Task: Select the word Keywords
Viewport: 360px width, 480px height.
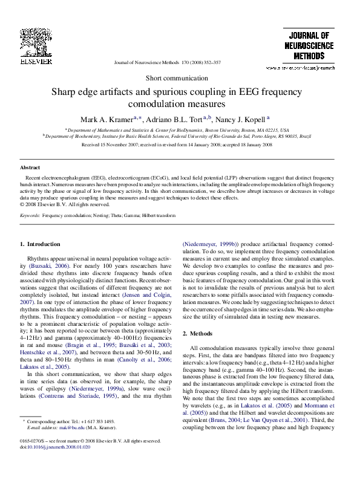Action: click(x=30, y=215)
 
